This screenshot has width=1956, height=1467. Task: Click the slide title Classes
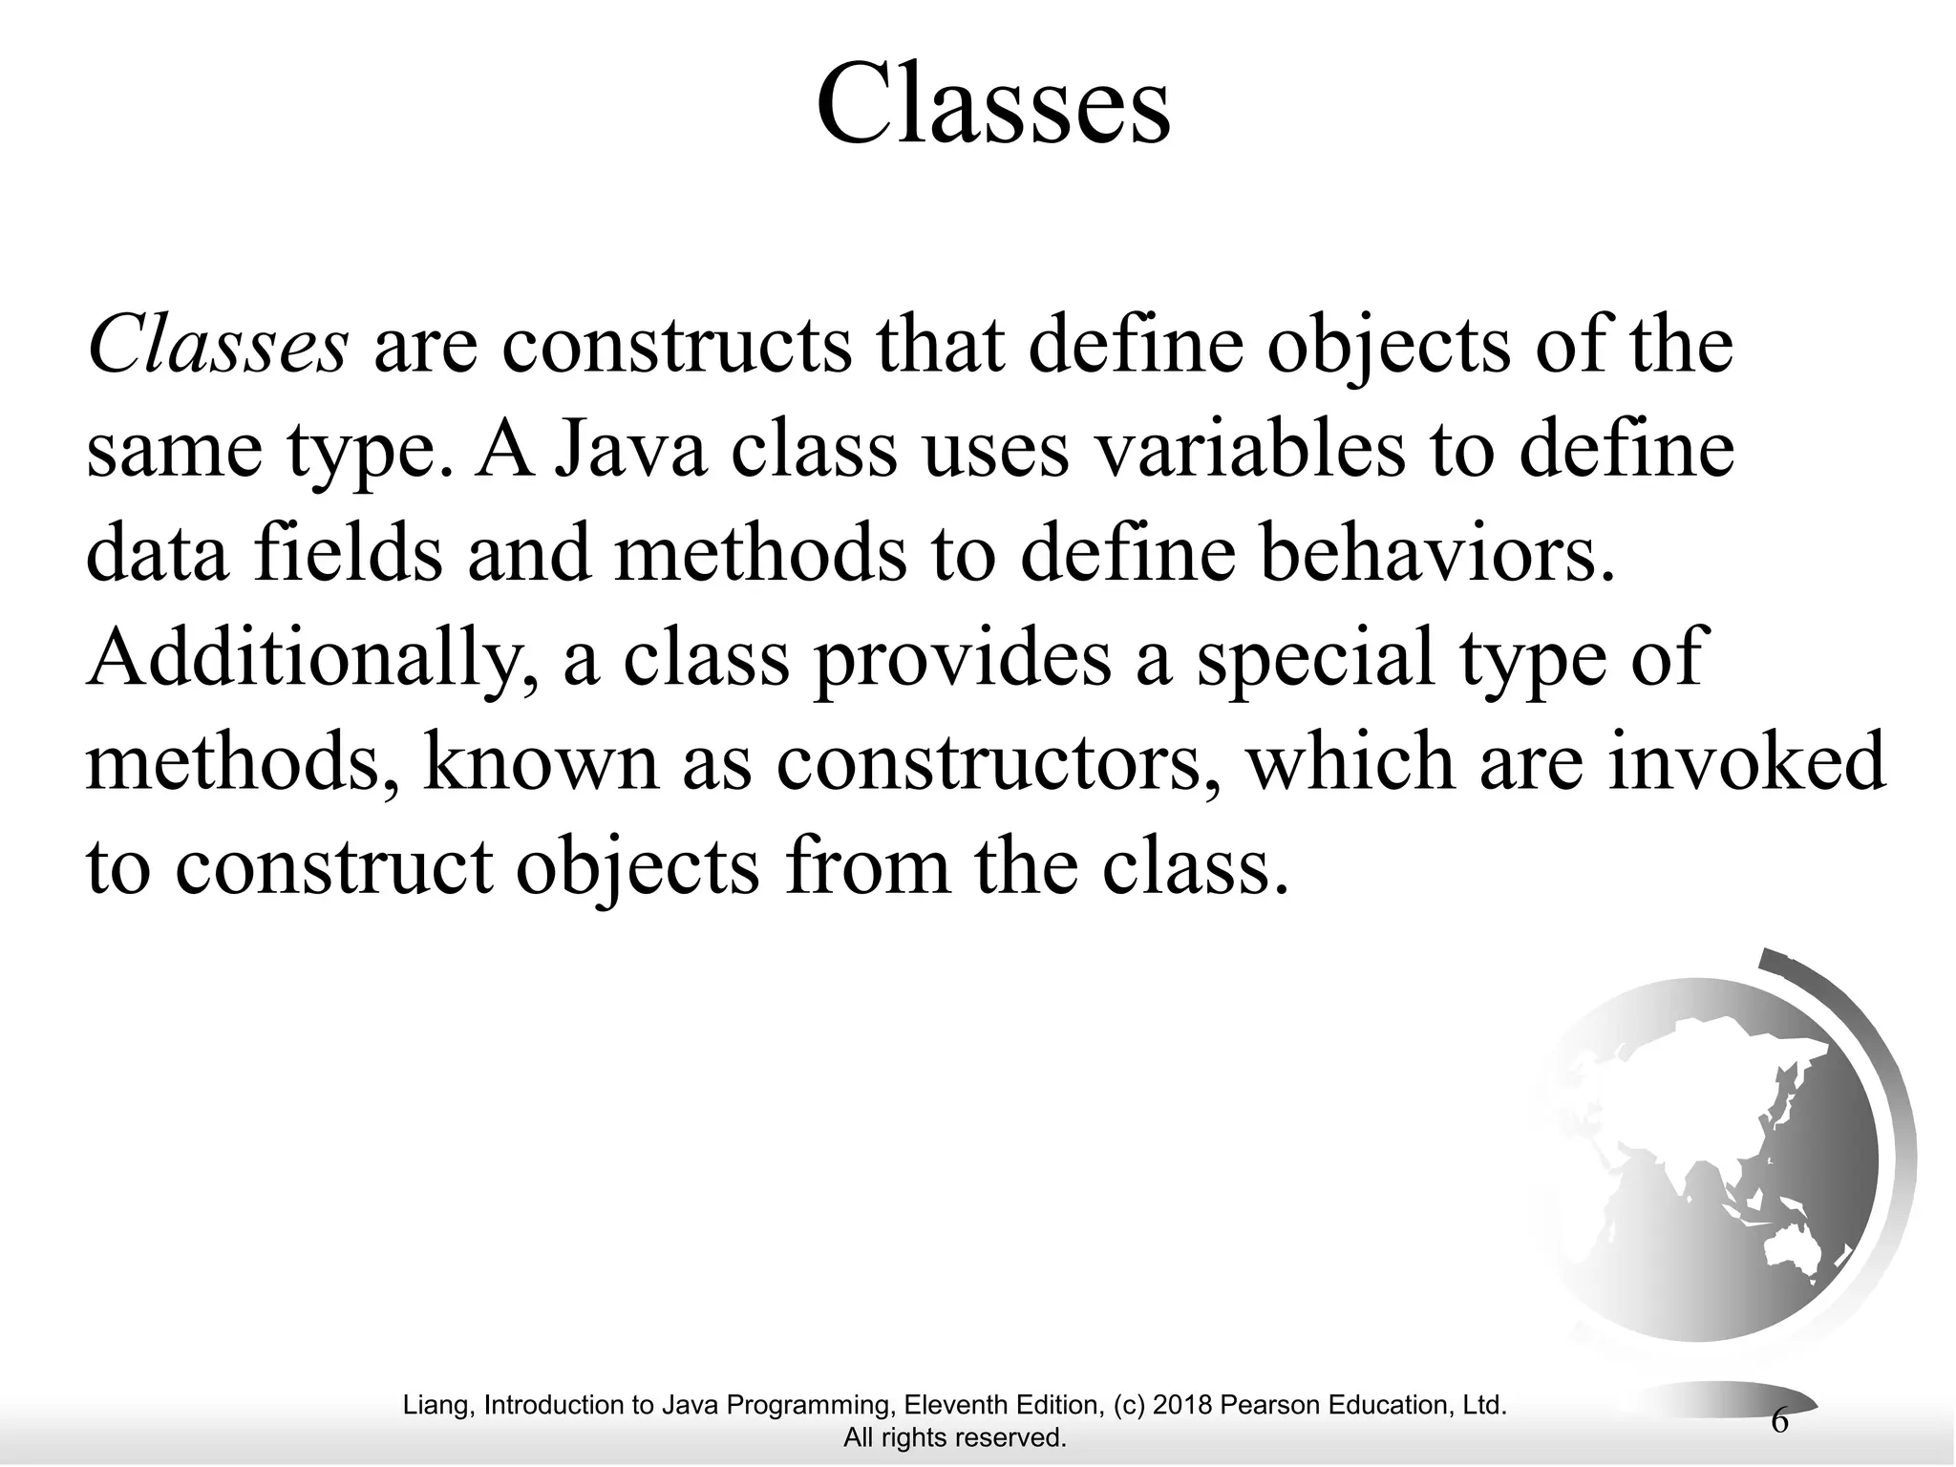point(992,103)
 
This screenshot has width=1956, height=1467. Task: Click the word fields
point(348,555)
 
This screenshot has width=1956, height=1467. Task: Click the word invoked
point(1747,765)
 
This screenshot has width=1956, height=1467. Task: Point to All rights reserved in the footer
point(954,1437)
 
